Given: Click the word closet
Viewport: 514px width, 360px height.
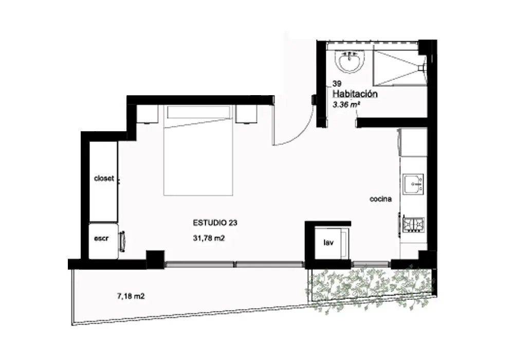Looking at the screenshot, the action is pyautogui.click(x=104, y=178).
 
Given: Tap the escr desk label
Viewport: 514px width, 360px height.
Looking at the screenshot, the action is pyautogui.click(x=101, y=238).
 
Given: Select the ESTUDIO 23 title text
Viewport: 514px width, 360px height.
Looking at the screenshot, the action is pyautogui.click(x=215, y=223).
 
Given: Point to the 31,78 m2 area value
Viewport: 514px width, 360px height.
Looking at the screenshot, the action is pyautogui.click(x=209, y=238).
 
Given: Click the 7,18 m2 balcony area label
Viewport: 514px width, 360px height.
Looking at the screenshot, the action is pyautogui.click(x=131, y=296).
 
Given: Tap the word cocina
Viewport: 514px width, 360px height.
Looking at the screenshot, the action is pyautogui.click(x=380, y=199).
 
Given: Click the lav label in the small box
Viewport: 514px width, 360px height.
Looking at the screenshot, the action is pyautogui.click(x=328, y=243).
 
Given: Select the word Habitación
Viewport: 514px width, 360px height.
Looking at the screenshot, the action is pyautogui.click(x=355, y=94).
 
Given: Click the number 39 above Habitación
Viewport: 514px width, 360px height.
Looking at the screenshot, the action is pyautogui.click(x=337, y=84).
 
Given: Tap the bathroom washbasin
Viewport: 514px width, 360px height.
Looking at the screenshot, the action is pyautogui.click(x=350, y=61).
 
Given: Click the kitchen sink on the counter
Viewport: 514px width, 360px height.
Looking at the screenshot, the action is pyautogui.click(x=413, y=184).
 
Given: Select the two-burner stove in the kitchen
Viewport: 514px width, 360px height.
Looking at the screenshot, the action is pyautogui.click(x=414, y=225).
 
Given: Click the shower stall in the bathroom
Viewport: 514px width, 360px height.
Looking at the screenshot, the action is pyautogui.click(x=399, y=68).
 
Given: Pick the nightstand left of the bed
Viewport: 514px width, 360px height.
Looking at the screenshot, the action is pyautogui.click(x=147, y=114).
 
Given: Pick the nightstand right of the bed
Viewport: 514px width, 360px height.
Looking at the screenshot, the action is pyautogui.click(x=246, y=114).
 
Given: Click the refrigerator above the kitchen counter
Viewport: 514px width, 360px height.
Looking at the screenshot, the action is pyautogui.click(x=413, y=142).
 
